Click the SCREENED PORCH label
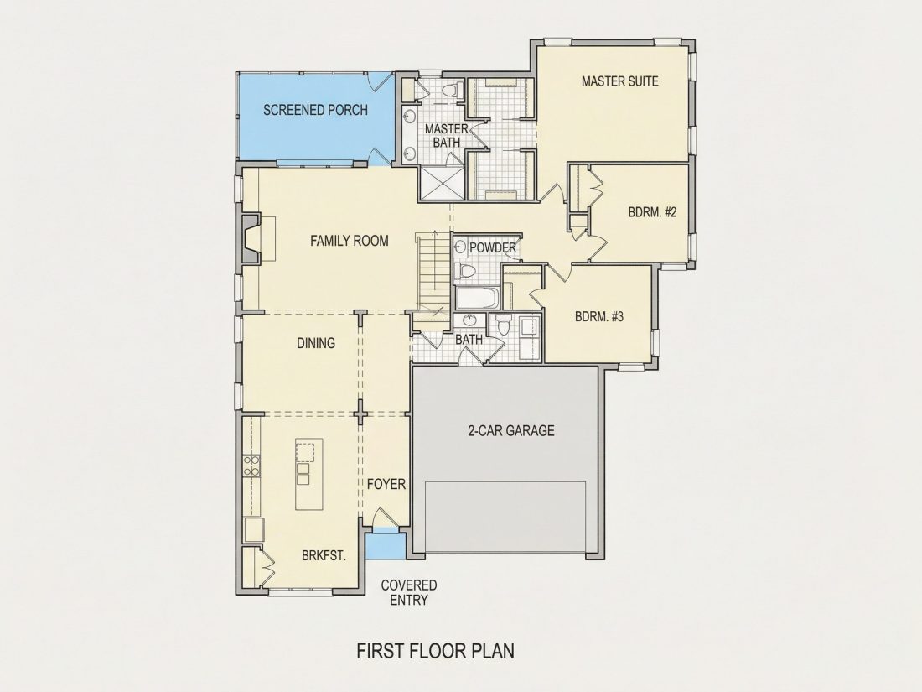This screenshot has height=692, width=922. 315,110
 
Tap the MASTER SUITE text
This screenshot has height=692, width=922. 619,81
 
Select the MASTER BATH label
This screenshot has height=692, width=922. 446,135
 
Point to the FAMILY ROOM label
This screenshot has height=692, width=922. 350,241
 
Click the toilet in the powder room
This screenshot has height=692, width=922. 466,271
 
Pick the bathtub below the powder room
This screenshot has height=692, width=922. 477,299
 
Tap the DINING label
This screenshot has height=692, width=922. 316,343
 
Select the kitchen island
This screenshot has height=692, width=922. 309,474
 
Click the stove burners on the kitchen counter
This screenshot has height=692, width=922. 252,466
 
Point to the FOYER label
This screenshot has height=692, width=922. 386,484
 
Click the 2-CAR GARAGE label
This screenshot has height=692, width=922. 511,431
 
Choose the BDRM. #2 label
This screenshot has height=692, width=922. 652,212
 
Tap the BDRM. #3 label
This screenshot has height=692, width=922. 599,316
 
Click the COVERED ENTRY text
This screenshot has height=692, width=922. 409,592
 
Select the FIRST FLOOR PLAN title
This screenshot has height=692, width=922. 436,651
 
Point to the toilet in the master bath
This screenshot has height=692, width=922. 452,91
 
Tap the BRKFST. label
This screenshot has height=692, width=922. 324,555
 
